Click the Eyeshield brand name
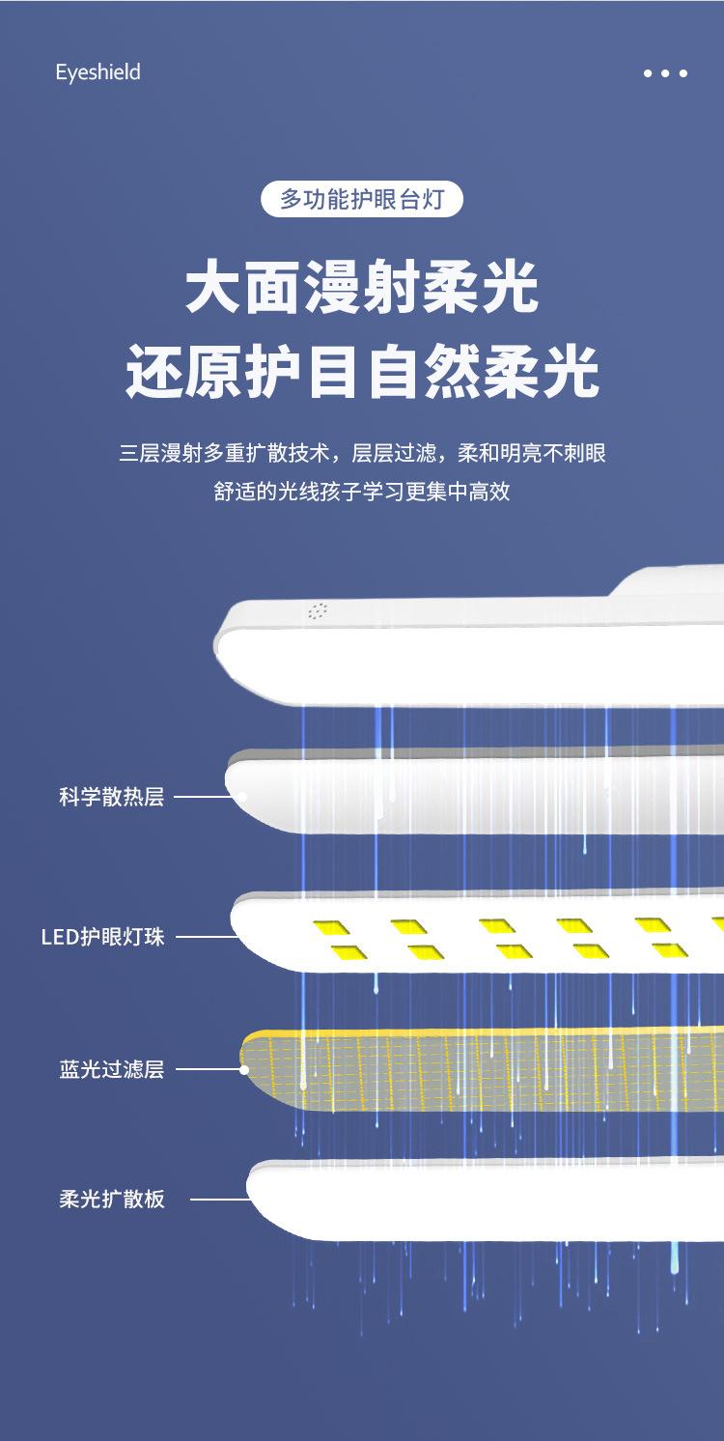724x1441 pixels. pyautogui.click(x=97, y=72)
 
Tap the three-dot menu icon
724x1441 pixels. pyautogui.click(x=665, y=73)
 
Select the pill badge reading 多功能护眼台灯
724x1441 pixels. pyautogui.click(x=362, y=200)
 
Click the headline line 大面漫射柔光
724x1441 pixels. pyautogui.click(x=362, y=288)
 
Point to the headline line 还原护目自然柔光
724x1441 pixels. pyautogui.click(x=362, y=372)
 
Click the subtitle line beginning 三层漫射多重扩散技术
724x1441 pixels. pyautogui.click(x=362, y=452)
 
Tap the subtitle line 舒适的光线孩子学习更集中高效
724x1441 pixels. pyautogui.click(x=362, y=492)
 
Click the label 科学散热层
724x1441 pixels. pyautogui.click(x=111, y=798)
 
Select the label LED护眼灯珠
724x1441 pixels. pyautogui.click(x=102, y=937)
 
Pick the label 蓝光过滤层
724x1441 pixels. pyautogui.click(x=111, y=1069)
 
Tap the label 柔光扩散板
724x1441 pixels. pyautogui.click(x=111, y=1200)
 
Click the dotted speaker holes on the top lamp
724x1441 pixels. pyautogui.click(x=318, y=610)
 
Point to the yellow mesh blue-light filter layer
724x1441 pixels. pyautogui.click(x=483, y=1069)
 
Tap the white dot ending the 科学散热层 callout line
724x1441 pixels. pyautogui.click(x=242, y=798)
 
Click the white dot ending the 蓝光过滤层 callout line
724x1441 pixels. pyautogui.click(x=245, y=1069)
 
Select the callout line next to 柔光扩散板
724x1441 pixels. pyautogui.click(x=219, y=1200)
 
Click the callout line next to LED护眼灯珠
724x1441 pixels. pyautogui.click(x=205, y=937)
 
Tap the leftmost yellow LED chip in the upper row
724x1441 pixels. pyautogui.click(x=331, y=927)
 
